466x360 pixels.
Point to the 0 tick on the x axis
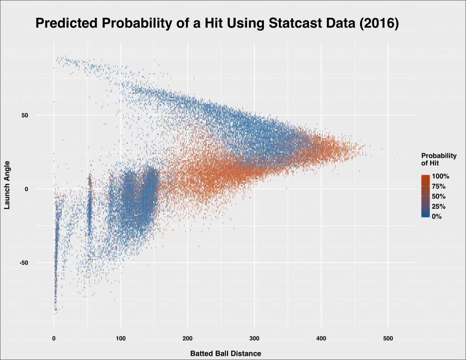54,339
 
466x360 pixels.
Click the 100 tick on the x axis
121,339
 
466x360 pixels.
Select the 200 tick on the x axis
187,339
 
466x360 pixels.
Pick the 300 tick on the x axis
254,339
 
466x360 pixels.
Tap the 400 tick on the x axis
321,339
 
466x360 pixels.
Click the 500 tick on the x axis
388,339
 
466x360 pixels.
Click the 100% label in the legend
441,176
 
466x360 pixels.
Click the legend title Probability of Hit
439,159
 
